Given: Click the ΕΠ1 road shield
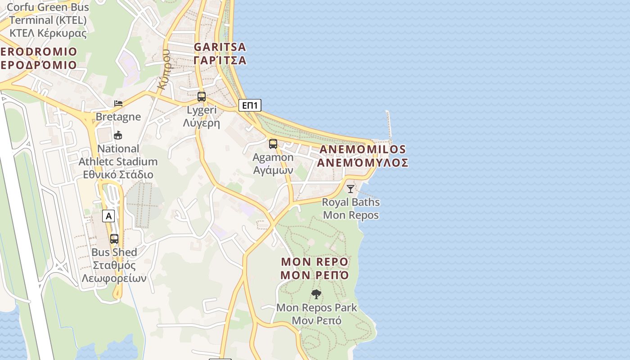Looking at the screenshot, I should pyautogui.click(x=250, y=105).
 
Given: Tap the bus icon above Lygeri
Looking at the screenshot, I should pyautogui.click(x=202, y=96).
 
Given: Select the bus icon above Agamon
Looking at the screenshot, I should pyautogui.click(x=273, y=144).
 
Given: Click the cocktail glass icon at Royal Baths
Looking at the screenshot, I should pyautogui.click(x=351, y=189).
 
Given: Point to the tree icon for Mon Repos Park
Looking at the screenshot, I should pyautogui.click(x=316, y=294).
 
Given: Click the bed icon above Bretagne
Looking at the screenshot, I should pyautogui.click(x=118, y=103).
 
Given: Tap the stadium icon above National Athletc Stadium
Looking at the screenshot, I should pyautogui.click(x=118, y=135).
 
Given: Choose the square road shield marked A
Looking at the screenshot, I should pyautogui.click(x=108, y=216).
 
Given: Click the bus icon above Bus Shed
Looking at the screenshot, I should pyautogui.click(x=114, y=239).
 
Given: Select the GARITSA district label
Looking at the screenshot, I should pyautogui.click(x=220, y=47).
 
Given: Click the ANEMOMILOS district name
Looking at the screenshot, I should pyautogui.click(x=362, y=149).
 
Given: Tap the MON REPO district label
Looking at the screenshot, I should pyautogui.click(x=315, y=262).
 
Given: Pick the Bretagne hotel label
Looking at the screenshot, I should pyautogui.click(x=118, y=117).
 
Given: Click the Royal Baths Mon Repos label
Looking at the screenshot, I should pyautogui.click(x=351, y=208).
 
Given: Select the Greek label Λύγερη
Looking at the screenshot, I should pyautogui.click(x=202, y=123).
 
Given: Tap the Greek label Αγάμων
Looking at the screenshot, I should pyautogui.click(x=273, y=170).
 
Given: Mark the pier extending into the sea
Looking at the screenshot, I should pyautogui.click(x=389, y=124).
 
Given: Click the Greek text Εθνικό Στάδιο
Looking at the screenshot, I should pyautogui.click(x=118, y=175).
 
